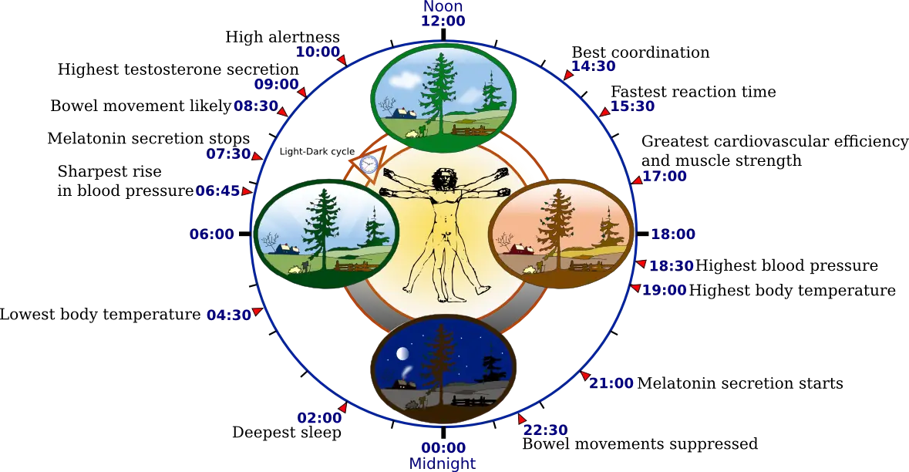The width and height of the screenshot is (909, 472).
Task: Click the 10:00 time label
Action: click(x=318, y=52)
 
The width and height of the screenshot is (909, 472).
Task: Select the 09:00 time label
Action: click(x=276, y=84)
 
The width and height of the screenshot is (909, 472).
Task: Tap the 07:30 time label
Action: click(x=228, y=153)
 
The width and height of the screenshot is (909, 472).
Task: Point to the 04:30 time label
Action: click(x=229, y=315)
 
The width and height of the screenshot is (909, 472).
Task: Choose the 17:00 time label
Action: click(x=665, y=177)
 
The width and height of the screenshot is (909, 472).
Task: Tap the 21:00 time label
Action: click(x=613, y=383)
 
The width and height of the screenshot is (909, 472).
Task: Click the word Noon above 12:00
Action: click(x=440, y=7)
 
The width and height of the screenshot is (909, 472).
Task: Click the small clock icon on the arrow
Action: click(x=369, y=164)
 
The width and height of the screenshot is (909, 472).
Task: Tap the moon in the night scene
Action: click(x=402, y=354)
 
